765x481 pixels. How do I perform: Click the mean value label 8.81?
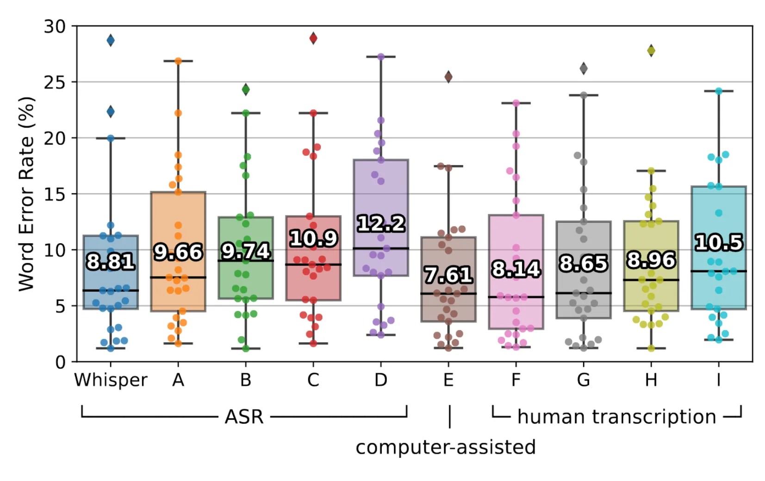pyautogui.click(x=111, y=261)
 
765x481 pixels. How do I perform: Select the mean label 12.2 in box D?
pyautogui.click(x=381, y=224)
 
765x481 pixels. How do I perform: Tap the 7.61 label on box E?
pyautogui.click(x=448, y=275)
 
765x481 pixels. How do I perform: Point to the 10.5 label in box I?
pyautogui.click(x=719, y=242)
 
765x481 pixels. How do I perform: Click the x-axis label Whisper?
pyautogui.click(x=111, y=380)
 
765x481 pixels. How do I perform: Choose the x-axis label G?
pyautogui.click(x=583, y=380)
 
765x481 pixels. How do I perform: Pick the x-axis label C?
pyautogui.click(x=313, y=380)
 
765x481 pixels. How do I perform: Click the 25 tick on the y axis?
pyautogui.click(x=55, y=82)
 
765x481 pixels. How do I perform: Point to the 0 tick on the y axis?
pyautogui.click(x=60, y=362)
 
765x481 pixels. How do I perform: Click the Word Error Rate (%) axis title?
pyautogui.click(x=26, y=194)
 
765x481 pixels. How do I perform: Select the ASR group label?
pyautogui.click(x=244, y=417)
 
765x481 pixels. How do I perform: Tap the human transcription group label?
pyautogui.click(x=616, y=417)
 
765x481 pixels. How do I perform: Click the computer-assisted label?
pyautogui.click(x=445, y=448)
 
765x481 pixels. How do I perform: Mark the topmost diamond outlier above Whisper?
pyautogui.click(x=111, y=41)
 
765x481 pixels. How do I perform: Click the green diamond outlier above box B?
pyautogui.click(x=246, y=89)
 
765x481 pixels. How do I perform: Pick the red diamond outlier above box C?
pyautogui.click(x=313, y=38)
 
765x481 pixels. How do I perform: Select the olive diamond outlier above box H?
pyautogui.click(x=651, y=50)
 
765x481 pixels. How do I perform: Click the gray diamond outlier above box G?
pyautogui.click(x=584, y=68)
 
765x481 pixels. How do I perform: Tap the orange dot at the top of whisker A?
pyautogui.click(x=178, y=61)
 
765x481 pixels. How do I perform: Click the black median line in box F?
pyautogui.click(x=516, y=297)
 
